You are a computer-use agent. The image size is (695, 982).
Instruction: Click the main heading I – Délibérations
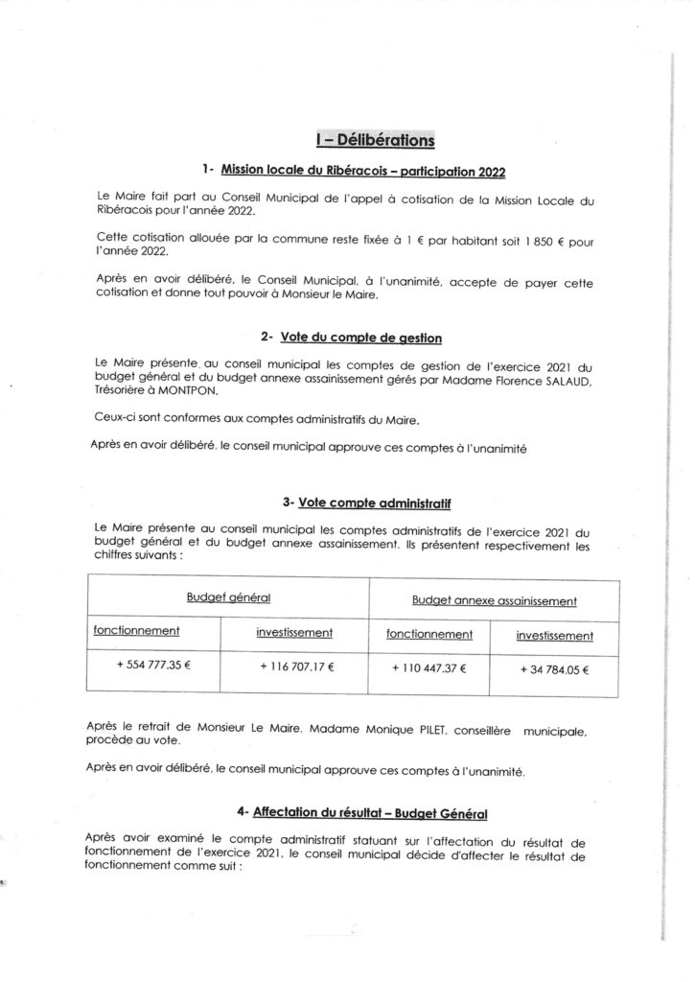point(375,140)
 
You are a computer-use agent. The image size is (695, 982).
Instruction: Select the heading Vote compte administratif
point(375,502)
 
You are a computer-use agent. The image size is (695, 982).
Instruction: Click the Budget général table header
point(228,598)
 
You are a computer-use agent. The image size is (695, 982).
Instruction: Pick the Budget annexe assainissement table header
point(494,601)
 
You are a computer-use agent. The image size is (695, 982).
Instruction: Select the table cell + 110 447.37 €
point(429,666)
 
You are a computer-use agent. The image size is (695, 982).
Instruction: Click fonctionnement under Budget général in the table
point(136,632)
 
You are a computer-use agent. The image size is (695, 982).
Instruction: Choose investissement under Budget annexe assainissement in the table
point(554,636)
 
